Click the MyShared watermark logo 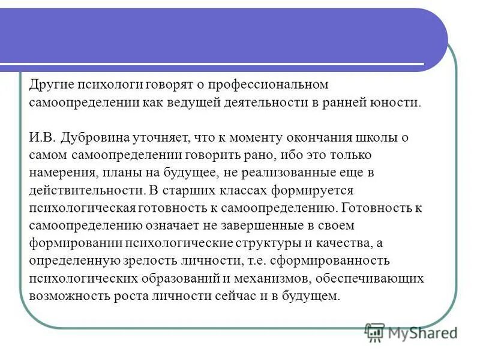[410, 332]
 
